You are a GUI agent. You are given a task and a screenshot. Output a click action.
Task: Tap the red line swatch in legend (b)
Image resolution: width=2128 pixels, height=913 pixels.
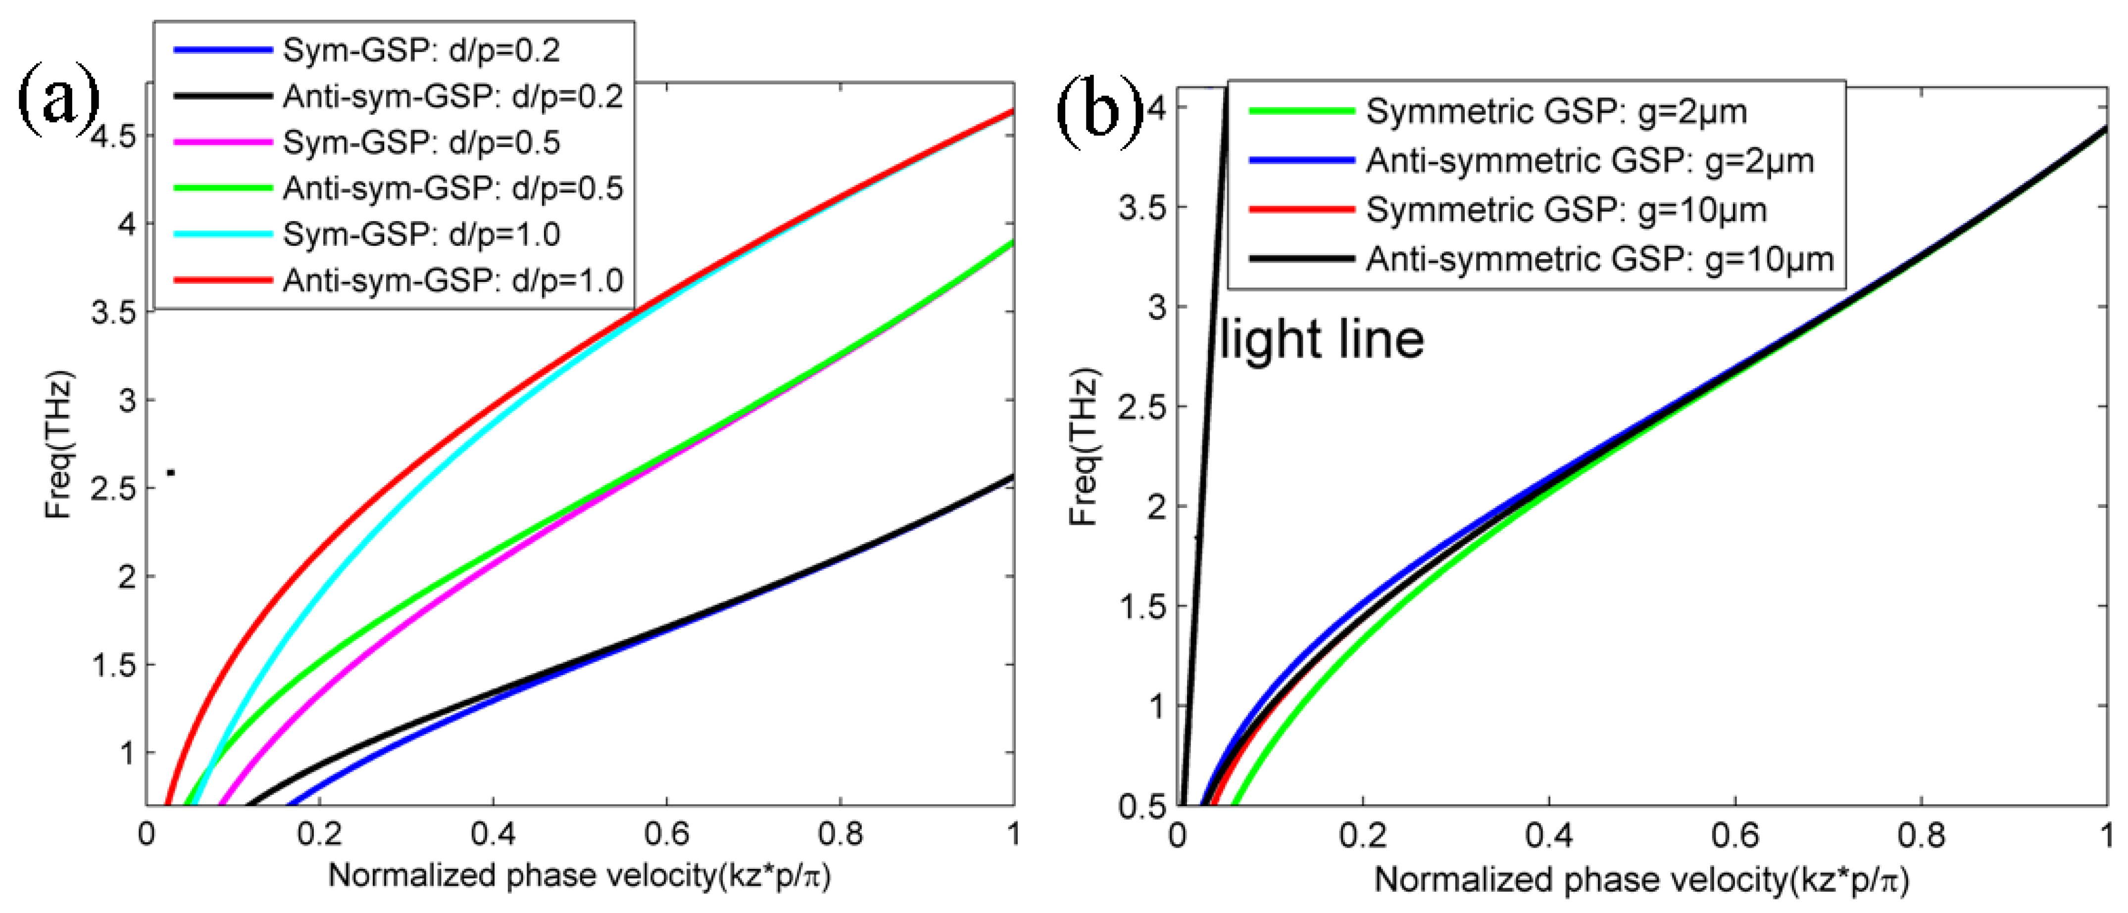(x=1301, y=210)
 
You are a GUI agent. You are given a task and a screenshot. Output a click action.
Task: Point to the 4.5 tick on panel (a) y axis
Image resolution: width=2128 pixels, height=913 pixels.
(x=113, y=136)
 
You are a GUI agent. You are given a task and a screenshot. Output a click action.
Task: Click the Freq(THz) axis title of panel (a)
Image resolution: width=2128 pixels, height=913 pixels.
(x=59, y=446)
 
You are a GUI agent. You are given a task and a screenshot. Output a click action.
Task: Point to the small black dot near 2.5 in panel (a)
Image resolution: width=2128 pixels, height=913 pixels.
(x=171, y=473)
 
